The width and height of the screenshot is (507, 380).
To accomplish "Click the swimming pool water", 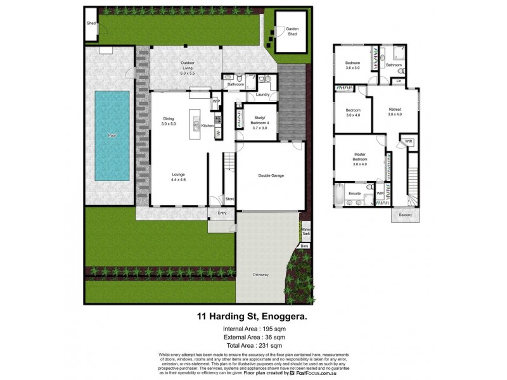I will coord(112,135).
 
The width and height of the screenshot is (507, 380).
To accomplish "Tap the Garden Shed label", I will coord(292,31).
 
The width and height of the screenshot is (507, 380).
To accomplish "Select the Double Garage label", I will coord(271,176).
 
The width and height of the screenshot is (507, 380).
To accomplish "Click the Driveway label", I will coord(261,274).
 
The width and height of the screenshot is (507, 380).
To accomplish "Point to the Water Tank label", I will coord(305,231).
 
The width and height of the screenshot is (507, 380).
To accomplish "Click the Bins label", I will coord(304,245).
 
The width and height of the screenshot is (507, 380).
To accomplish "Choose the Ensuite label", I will coord(355,193).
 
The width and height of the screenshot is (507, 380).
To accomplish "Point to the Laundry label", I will coord(262,95).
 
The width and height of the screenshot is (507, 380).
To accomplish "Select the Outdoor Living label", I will coord(188,66).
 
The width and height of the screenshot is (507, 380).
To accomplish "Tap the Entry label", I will coord(222,213).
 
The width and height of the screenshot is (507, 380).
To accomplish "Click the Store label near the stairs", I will coord(230,199).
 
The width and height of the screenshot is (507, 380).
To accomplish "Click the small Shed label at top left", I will coord(91,23).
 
